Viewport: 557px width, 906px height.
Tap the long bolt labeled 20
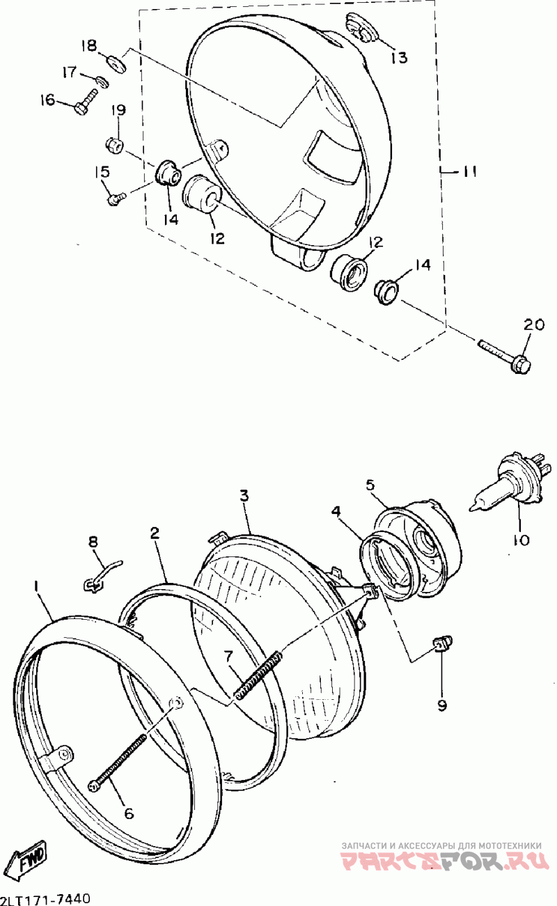pos(504,357)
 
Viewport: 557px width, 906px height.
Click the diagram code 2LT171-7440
pos(45,899)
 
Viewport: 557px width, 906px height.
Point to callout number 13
pos(399,57)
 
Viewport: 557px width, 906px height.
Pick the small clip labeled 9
pos(443,643)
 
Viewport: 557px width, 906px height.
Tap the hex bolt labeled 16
pos(86,104)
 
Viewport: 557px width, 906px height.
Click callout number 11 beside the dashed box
pos(469,172)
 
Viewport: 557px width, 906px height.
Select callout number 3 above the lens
pos(244,495)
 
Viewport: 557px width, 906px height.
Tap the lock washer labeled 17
pos(102,81)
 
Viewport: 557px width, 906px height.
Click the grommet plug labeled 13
pos(361,27)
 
